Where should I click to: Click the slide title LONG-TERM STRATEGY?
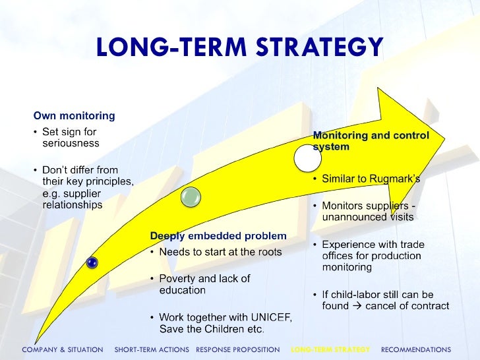point(239,47)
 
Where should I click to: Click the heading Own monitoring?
point(75,116)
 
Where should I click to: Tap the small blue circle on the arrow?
point(92,262)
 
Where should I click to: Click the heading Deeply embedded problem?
point(218,235)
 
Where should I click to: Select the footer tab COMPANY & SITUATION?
point(63,349)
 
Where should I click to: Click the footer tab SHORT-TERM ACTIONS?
point(152,349)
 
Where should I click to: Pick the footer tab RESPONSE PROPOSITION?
point(238,349)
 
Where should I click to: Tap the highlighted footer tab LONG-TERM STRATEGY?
point(330,349)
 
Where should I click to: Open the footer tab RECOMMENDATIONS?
point(416,349)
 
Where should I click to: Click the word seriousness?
point(71,143)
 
